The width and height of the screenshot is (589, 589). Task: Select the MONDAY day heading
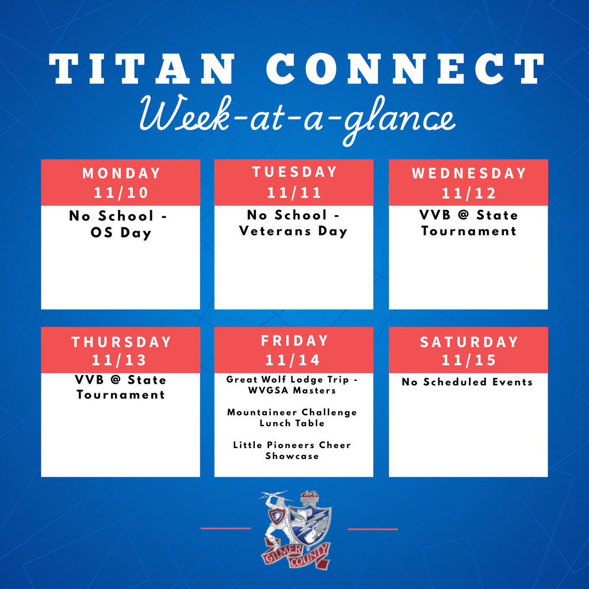point(121,173)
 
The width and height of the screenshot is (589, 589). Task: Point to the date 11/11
point(294,192)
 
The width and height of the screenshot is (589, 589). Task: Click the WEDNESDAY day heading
point(468,173)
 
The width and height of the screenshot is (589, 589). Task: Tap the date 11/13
point(121,360)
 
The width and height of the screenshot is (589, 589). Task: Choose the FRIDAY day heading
point(294,341)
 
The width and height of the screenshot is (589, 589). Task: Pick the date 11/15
point(468,360)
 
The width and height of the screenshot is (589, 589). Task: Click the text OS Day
point(121,234)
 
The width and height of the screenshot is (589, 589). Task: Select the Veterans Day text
point(294,231)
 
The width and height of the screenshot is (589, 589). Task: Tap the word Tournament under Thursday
point(121,395)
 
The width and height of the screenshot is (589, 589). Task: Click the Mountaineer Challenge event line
point(292,412)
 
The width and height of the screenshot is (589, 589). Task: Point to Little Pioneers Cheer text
point(292,445)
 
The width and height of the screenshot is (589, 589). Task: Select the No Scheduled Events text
point(467,382)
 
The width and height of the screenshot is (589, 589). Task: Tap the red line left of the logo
point(226,528)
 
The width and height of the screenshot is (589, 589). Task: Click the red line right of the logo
point(373,528)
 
